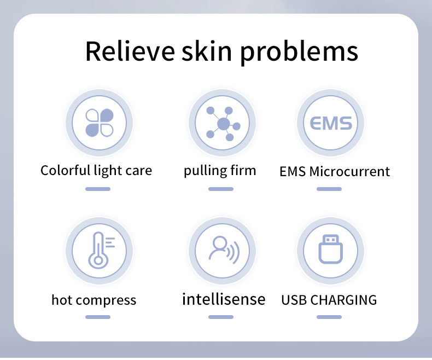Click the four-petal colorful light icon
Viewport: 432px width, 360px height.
pyautogui.click(x=99, y=123)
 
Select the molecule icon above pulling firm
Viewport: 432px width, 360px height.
pyautogui.click(x=221, y=123)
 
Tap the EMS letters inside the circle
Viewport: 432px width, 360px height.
pyautogui.click(x=331, y=123)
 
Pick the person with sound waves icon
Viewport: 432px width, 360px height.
pyautogui.click(x=221, y=251)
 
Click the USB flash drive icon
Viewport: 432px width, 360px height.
pyautogui.click(x=330, y=250)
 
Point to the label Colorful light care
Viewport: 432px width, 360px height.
pyautogui.click(x=96, y=170)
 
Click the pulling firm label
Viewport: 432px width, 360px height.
pyautogui.click(x=220, y=171)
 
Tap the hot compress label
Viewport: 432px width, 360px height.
pyautogui.click(x=94, y=300)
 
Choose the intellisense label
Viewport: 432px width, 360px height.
pyautogui.click(x=223, y=299)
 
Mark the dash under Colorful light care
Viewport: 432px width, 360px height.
pyautogui.click(x=98, y=189)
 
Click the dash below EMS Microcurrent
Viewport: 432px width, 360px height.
pyautogui.click(x=329, y=189)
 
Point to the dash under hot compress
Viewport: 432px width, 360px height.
pyautogui.click(x=98, y=317)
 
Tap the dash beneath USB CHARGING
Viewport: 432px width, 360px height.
pyautogui.click(x=329, y=317)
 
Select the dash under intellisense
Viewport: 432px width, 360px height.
pyautogui.click(x=221, y=317)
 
